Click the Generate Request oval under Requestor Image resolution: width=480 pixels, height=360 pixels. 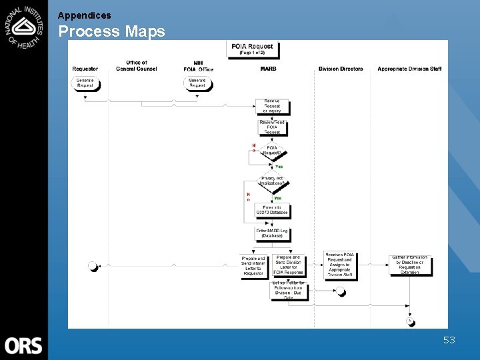click(x=85, y=83)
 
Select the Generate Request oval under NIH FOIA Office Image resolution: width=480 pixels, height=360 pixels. click(x=197, y=83)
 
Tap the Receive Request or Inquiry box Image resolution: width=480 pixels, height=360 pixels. click(x=272, y=106)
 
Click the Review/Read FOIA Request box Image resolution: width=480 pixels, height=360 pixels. click(x=272, y=127)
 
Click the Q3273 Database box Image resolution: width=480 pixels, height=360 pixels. click(x=272, y=210)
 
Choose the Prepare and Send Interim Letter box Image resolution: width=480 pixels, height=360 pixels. click(x=253, y=266)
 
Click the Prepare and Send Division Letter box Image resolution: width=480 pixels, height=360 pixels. click(x=288, y=265)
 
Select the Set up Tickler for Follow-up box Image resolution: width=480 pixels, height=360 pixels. click(x=289, y=291)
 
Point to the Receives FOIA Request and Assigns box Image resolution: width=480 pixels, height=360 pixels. click(x=339, y=265)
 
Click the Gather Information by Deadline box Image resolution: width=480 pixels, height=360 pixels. click(x=410, y=265)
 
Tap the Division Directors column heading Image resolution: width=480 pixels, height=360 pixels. click(x=341, y=69)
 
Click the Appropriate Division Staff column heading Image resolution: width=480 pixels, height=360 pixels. click(x=409, y=69)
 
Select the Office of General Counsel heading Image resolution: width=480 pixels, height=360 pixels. click(x=136, y=66)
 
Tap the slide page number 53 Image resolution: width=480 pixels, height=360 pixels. click(x=449, y=341)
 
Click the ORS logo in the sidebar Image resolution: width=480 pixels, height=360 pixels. click(x=23, y=345)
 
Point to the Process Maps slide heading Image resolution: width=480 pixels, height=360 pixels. click(x=111, y=31)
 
